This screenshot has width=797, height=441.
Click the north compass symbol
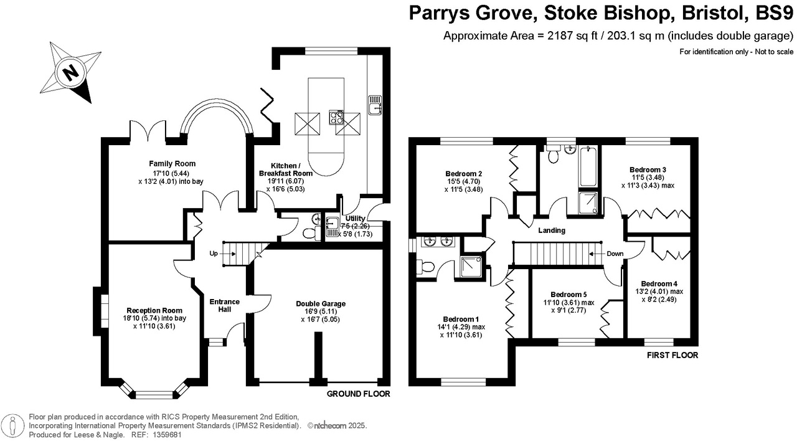point(70,73)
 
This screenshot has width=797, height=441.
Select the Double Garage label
point(321,304)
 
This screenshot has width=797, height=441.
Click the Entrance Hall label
point(225,305)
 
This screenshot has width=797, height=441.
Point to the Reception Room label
point(154,310)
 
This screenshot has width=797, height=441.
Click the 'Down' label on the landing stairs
point(615,254)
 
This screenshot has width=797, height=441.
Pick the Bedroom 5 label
point(568,295)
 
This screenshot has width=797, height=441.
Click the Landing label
point(552,230)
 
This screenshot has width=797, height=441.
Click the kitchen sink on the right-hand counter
point(375,106)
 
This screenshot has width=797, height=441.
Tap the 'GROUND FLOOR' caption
point(358,394)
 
